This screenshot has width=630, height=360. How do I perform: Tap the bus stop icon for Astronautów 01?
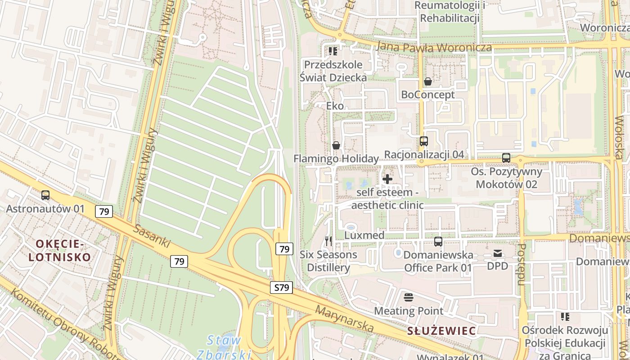pos(45,195)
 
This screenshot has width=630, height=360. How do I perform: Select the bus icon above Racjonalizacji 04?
pos(423,141)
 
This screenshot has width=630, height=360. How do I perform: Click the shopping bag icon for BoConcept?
pos(427,81)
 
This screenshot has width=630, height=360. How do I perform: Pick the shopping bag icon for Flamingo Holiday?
pos(336,145)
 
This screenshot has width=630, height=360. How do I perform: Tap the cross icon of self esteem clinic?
pos(387,179)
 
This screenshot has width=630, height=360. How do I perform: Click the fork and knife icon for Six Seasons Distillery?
pos(328,241)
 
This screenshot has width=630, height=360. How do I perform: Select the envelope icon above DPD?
pos(498,253)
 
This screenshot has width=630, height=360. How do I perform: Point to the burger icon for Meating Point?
pos(409,297)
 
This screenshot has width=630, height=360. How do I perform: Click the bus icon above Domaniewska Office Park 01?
pos(438,242)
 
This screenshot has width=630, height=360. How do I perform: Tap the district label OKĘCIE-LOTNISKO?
pos(59,251)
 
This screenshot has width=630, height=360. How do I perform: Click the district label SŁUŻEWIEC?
pos(441,331)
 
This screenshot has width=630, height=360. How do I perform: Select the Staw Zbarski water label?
pos(224,347)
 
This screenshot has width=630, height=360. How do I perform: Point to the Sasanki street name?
pos(152,236)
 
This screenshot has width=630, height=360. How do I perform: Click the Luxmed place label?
pos(364,235)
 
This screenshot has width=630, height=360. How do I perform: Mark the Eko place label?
pos(335,106)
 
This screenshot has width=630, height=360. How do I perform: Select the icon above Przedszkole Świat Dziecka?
pos(333,51)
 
